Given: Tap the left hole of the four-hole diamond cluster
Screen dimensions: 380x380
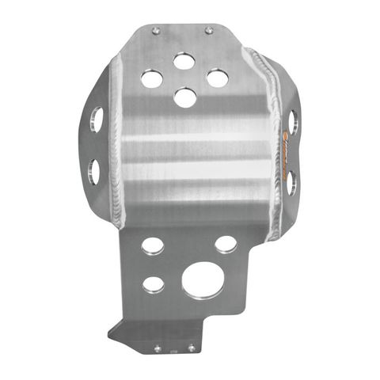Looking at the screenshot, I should click(151, 78).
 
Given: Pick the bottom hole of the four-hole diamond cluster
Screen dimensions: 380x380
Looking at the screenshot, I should click(184, 97).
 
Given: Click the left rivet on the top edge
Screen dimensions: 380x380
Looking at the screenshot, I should click(155, 31).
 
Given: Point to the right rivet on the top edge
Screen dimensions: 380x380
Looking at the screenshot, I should click(209, 31).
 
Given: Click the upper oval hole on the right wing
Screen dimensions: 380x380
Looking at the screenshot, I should click(292, 121).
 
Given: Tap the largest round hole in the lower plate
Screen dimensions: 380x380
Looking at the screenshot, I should click(202, 281).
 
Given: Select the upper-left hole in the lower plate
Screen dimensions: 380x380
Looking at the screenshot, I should click(153, 245).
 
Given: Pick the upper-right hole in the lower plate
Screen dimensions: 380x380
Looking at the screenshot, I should click(226, 245).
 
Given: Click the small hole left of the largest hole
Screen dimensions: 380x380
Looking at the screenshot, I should click(154, 283).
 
